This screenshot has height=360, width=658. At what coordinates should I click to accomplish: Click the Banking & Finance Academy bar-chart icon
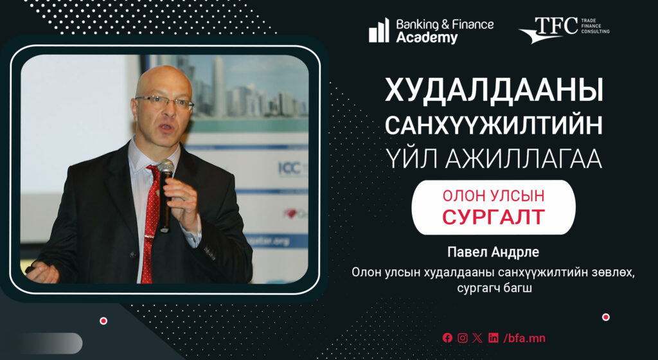tap(379, 30)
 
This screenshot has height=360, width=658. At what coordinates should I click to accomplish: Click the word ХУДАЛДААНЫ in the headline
tap(494, 91)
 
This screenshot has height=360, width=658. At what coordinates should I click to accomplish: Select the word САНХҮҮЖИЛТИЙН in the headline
tap(494, 125)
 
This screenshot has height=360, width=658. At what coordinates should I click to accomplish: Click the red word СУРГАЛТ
tap(493, 217)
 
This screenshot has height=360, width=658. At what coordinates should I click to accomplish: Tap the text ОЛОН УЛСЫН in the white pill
tap(493, 195)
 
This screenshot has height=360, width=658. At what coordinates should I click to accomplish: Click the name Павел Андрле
tap(493, 252)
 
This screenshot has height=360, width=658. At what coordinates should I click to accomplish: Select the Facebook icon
tap(447, 337)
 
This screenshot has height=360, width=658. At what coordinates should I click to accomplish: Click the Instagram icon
tap(463, 337)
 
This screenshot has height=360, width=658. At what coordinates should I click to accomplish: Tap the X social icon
tap(477, 337)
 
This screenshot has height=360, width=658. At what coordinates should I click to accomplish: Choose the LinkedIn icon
tap(493, 337)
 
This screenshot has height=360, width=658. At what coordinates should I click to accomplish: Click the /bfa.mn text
tap(524, 337)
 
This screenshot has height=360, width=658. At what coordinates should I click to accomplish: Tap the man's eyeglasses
tap(164, 102)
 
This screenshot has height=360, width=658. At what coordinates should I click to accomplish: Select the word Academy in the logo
tap(427, 37)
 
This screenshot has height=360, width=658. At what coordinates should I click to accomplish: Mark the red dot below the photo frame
tap(103, 321)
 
